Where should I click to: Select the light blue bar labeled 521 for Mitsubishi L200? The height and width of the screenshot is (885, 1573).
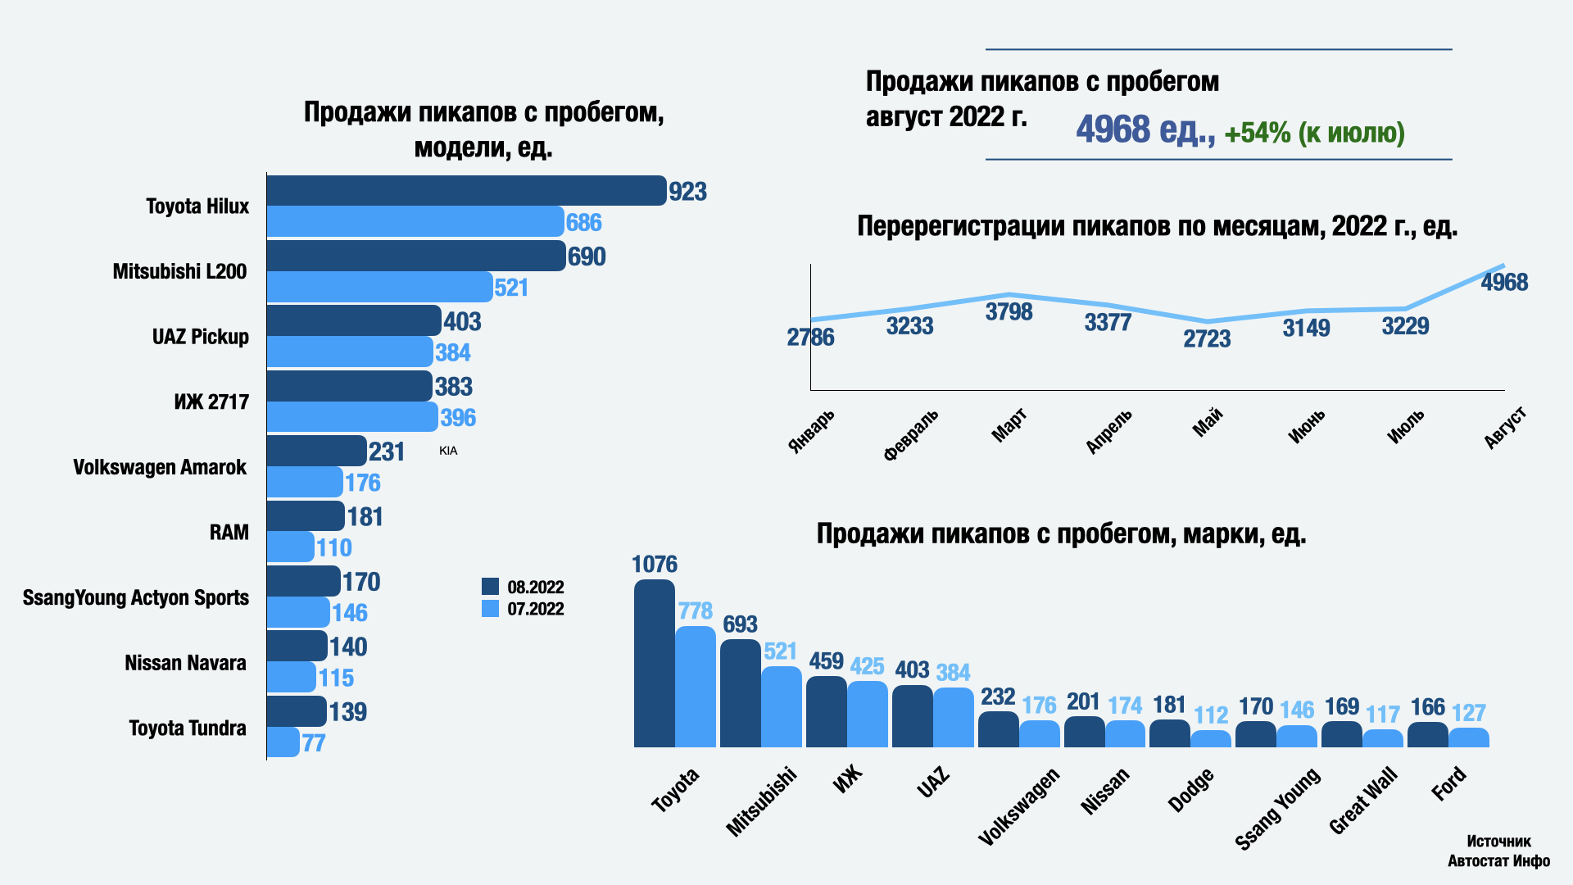(379, 287)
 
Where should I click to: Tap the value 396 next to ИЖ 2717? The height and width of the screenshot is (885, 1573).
(458, 418)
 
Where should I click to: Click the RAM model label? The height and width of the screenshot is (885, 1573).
(229, 533)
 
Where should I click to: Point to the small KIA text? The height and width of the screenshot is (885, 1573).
(448, 451)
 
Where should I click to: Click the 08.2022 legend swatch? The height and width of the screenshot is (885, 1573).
(490, 587)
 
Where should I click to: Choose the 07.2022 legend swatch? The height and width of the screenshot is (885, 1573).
(490, 609)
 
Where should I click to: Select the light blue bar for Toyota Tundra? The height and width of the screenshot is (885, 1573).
(283, 742)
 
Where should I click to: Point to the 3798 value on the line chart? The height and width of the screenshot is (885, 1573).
(1009, 312)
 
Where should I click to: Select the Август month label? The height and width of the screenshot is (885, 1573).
(1506, 428)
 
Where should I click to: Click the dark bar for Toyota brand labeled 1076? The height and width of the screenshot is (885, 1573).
(654, 664)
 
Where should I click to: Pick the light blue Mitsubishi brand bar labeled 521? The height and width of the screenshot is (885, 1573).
(781, 706)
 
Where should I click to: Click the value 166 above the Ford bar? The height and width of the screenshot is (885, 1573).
(1427, 707)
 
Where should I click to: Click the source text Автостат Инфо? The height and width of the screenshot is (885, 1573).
(1498, 861)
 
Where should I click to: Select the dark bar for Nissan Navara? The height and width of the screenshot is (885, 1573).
(297, 646)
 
